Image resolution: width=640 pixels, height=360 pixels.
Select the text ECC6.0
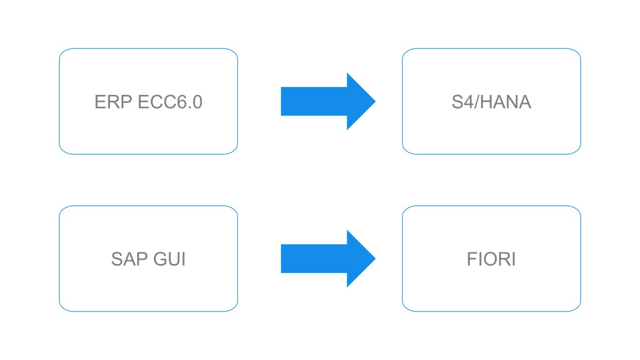tap(170, 102)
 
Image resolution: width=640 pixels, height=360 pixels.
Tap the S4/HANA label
tap(491, 102)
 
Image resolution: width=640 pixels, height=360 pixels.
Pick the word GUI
tap(170, 259)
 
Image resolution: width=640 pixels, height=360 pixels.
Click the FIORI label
tap(491, 259)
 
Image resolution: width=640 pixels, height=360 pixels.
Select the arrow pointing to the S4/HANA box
tap(329, 101)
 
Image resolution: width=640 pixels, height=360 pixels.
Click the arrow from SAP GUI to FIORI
tap(329, 259)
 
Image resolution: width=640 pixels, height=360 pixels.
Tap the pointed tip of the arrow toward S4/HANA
tap(375, 101)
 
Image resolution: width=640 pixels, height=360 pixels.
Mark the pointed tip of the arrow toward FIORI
tap(375, 258)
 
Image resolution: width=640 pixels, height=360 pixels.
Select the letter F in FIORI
tap(472, 259)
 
